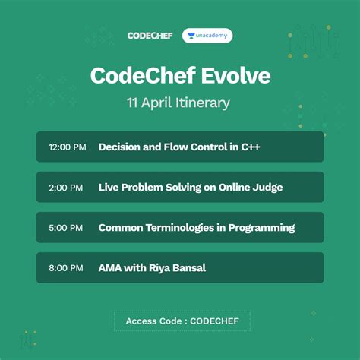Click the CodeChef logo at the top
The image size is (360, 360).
149,36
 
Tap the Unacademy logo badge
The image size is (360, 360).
207,36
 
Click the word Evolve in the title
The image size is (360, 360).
234,76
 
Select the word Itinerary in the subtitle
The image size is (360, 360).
199,103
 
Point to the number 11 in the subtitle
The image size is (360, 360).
133,103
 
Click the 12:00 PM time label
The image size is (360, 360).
67,147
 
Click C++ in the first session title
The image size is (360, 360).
249,147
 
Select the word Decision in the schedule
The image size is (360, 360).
122,147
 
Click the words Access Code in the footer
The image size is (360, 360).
150,321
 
